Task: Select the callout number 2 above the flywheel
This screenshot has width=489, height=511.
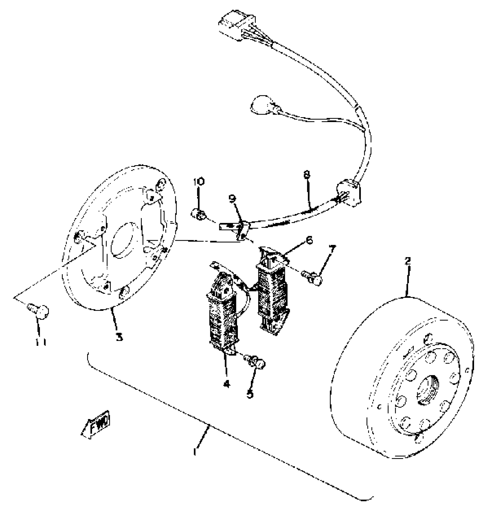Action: [407, 261]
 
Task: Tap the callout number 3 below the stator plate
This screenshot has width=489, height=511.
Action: [119, 336]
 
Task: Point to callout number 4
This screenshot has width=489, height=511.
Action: [227, 383]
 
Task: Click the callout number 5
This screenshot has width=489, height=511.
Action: [250, 394]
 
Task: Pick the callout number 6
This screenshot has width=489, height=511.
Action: [309, 240]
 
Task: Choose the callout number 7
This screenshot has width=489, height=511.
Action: [332, 249]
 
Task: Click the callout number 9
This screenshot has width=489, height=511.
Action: [232, 198]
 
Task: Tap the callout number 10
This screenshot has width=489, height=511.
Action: [199, 181]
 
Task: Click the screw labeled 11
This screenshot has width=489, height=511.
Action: [39, 311]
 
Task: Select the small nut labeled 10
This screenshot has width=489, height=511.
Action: [198, 214]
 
